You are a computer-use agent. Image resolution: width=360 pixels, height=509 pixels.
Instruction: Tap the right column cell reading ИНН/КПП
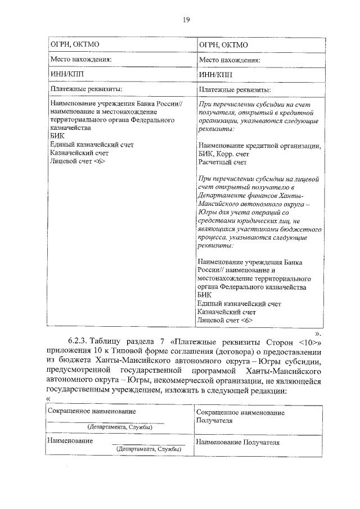click(215, 75)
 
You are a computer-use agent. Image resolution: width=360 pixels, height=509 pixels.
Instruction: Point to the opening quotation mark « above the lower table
click(48, 399)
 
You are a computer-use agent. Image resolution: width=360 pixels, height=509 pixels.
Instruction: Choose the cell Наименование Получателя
click(237, 443)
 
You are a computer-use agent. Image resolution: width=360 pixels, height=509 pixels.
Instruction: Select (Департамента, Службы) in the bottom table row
click(148, 449)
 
